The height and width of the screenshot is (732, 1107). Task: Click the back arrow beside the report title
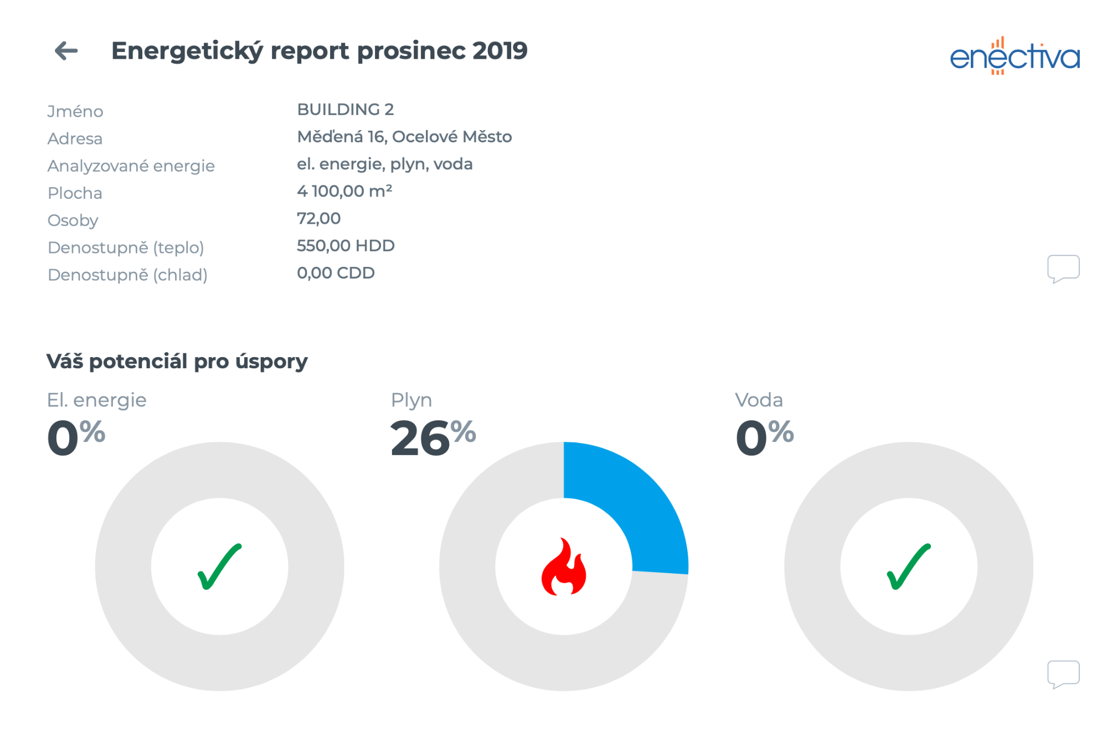pyautogui.click(x=66, y=51)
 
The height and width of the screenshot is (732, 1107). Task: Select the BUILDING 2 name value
pyautogui.click(x=345, y=110)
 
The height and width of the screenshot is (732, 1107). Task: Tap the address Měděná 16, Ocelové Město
pyautogui.click(x=404, y=137)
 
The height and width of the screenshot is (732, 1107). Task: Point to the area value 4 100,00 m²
pyautogui.click(x=344, y=191)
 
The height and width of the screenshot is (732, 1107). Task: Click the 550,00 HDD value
pyautogui.click(x=346, y=245)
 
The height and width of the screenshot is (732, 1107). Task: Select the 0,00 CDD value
pyautogui.click(x=336, y=273)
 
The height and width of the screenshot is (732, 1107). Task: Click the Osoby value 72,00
pyautogui.click(x=318, y=218)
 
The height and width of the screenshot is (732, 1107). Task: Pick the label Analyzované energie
pyautogui.click(x=131, y=166)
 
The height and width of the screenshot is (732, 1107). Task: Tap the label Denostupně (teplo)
pyautogui.click(x=126, y=248)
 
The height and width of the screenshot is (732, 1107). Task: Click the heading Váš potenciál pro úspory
pyautogui.click(x=177, y=362)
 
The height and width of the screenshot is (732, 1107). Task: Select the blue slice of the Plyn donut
pyautogui.click(x=637, y=498)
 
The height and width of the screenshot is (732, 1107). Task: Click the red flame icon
pyautogui.click(x=564, y=567)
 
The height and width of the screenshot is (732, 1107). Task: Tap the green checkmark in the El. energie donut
pyautogui.click(x=219, y=566)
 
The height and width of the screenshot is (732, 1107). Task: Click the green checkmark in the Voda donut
pyautogui.click(x=909, y=566)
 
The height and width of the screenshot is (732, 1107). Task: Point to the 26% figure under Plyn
pyautogui.click(x=432, y=437)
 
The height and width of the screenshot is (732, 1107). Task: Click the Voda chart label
pyautogui.click(x=759, y=400)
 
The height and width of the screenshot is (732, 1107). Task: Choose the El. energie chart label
pyautogui.click(x=96, y=400)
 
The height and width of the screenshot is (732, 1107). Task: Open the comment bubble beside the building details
pyautogui.click(x=1063, y=269)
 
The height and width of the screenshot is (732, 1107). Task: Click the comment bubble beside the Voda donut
pyautogui.click(x=1063, y=674)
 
